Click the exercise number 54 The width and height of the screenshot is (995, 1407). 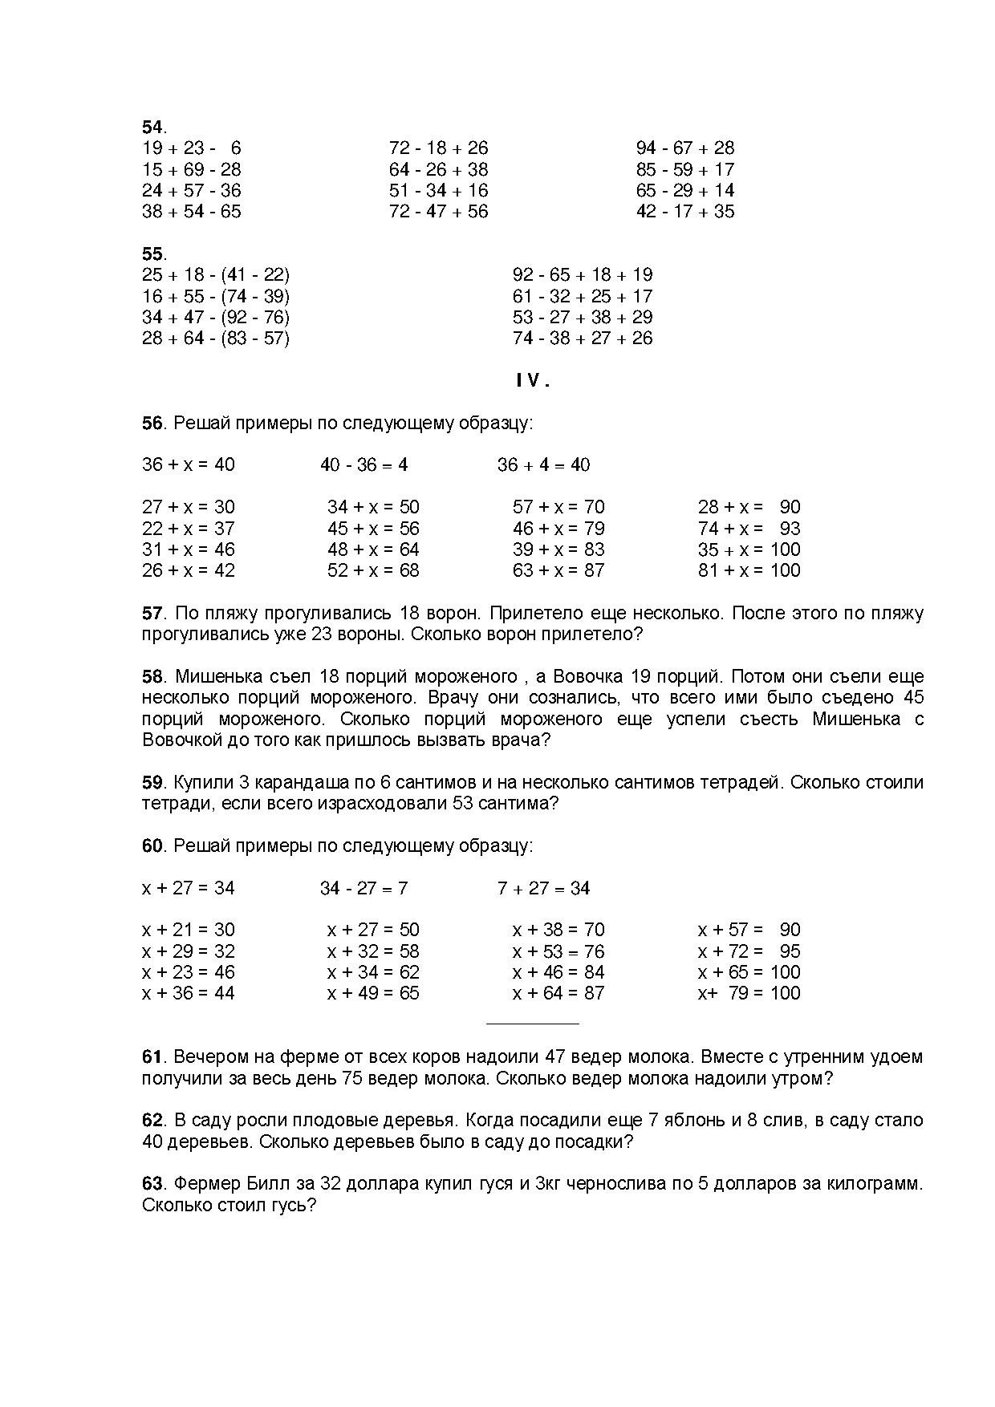click(152, 128)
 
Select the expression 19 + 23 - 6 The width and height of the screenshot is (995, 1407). click(191, 148)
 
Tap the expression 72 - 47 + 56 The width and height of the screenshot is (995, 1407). click(438, 212)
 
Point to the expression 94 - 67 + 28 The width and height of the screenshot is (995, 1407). click(684, 148)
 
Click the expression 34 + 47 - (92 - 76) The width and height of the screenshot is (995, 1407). click(215, 318)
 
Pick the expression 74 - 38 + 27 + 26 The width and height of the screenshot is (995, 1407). click(582, 339)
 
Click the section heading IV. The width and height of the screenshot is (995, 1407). click(532, 382)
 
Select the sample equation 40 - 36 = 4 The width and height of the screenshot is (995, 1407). click(363, 465)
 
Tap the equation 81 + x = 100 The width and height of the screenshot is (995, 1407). click(749, 571)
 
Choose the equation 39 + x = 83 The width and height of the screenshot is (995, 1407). click(558, 550)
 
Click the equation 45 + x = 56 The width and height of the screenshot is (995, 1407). click(373, 529)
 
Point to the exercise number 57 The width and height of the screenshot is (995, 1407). click(152, 614)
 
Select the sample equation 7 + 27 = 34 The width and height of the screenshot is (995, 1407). click(543, 889)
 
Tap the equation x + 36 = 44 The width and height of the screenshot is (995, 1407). click(188, 994)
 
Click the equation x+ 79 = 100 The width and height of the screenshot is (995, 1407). click(749, 994)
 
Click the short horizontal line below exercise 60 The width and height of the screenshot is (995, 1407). click(532, 1024)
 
